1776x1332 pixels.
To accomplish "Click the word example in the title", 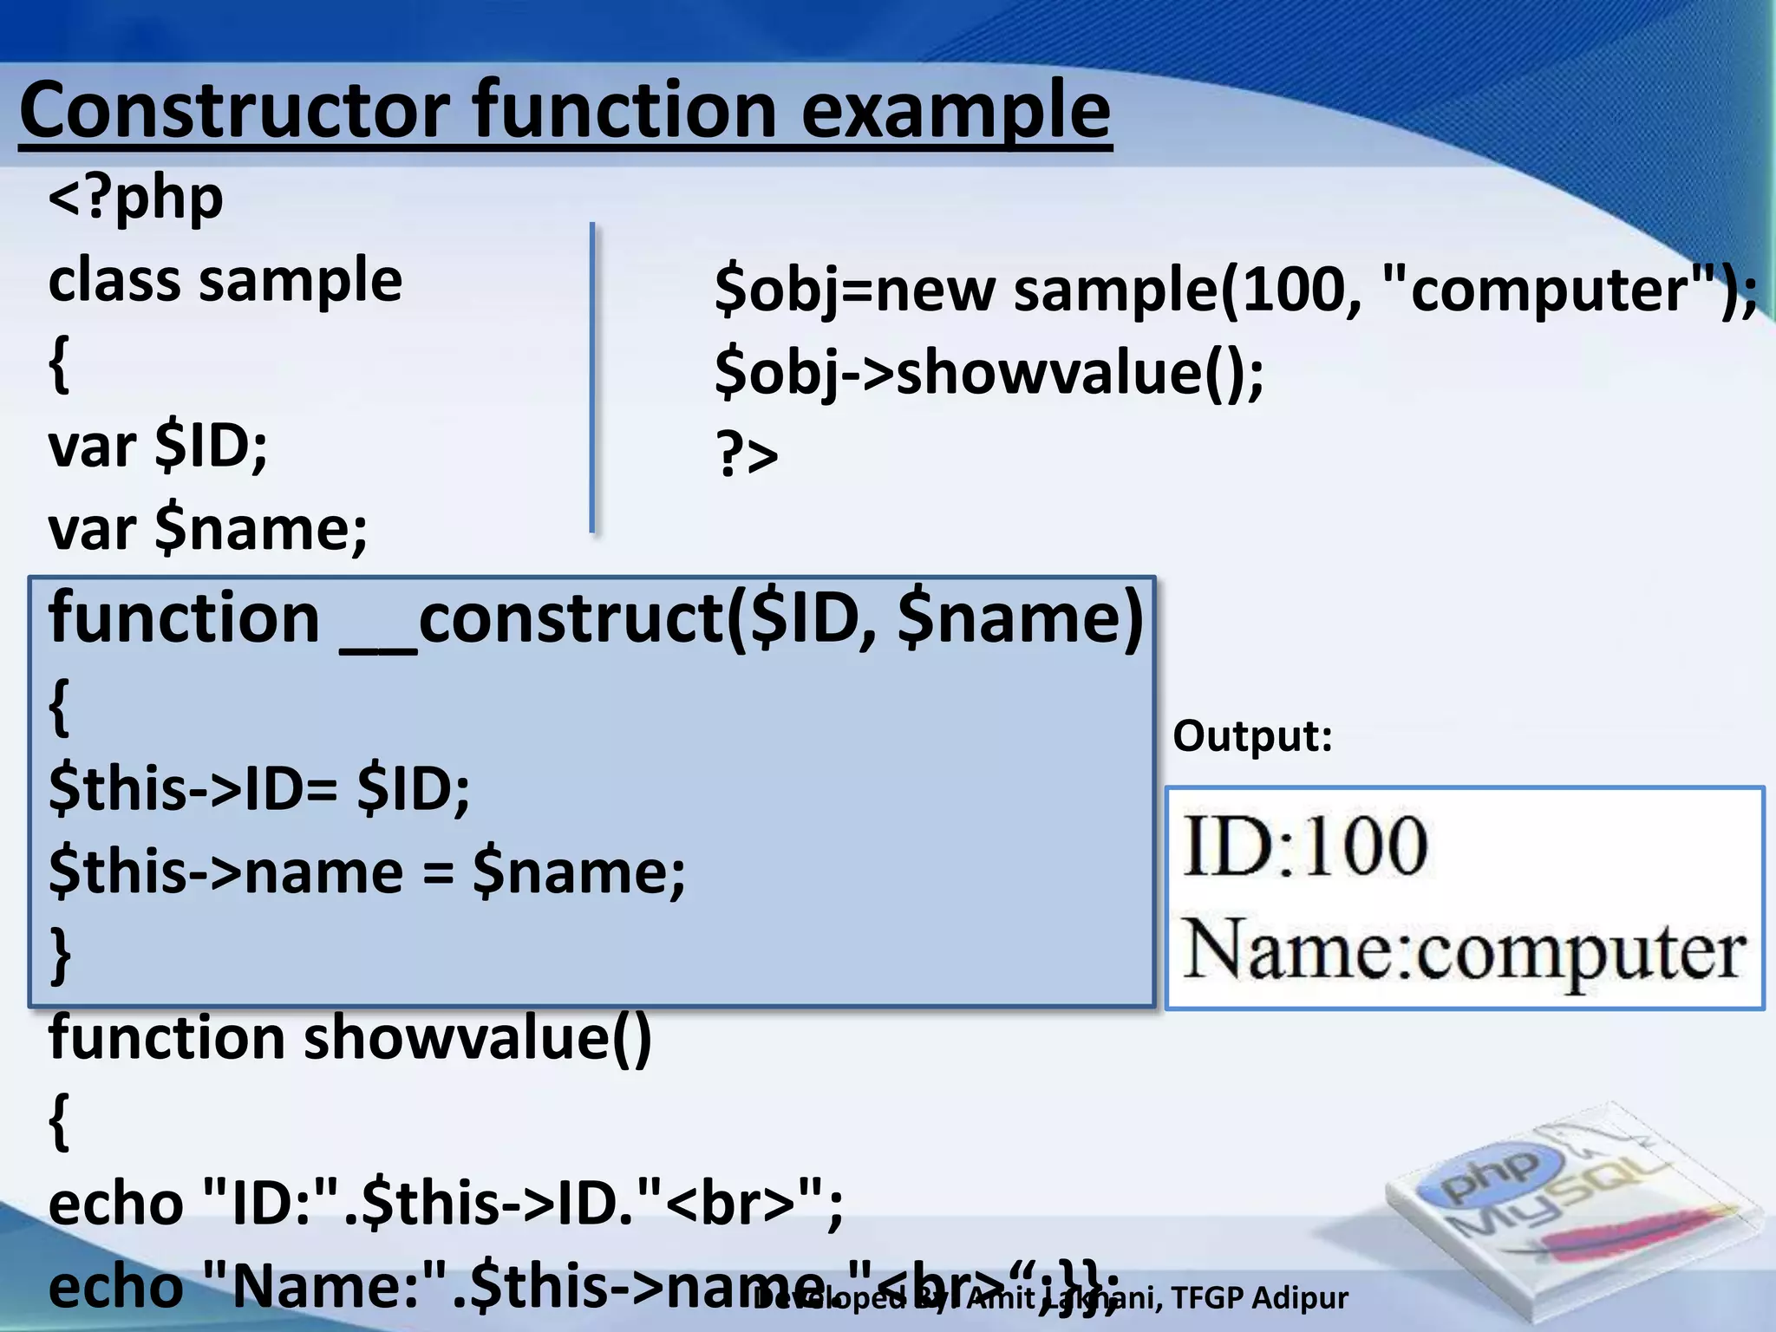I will (955, 111).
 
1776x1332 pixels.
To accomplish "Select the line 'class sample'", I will (225, 281).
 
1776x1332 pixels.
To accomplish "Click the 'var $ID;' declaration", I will (158, 447).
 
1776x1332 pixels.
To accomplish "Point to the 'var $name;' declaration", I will (208, 528).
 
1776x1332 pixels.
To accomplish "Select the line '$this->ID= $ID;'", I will (259, 788).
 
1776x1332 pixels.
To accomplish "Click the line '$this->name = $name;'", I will (367, 871).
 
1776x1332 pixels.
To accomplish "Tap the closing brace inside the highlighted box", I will (59, 954).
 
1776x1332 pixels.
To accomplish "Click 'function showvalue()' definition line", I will (349, 1037).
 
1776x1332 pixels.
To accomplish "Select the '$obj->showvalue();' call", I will (989, 373).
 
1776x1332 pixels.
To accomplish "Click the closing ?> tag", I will (746, 454).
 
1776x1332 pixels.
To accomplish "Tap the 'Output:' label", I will (1251, 736).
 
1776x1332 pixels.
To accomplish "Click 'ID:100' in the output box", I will (1304, 846).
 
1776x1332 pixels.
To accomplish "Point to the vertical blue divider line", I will (592, 377).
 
